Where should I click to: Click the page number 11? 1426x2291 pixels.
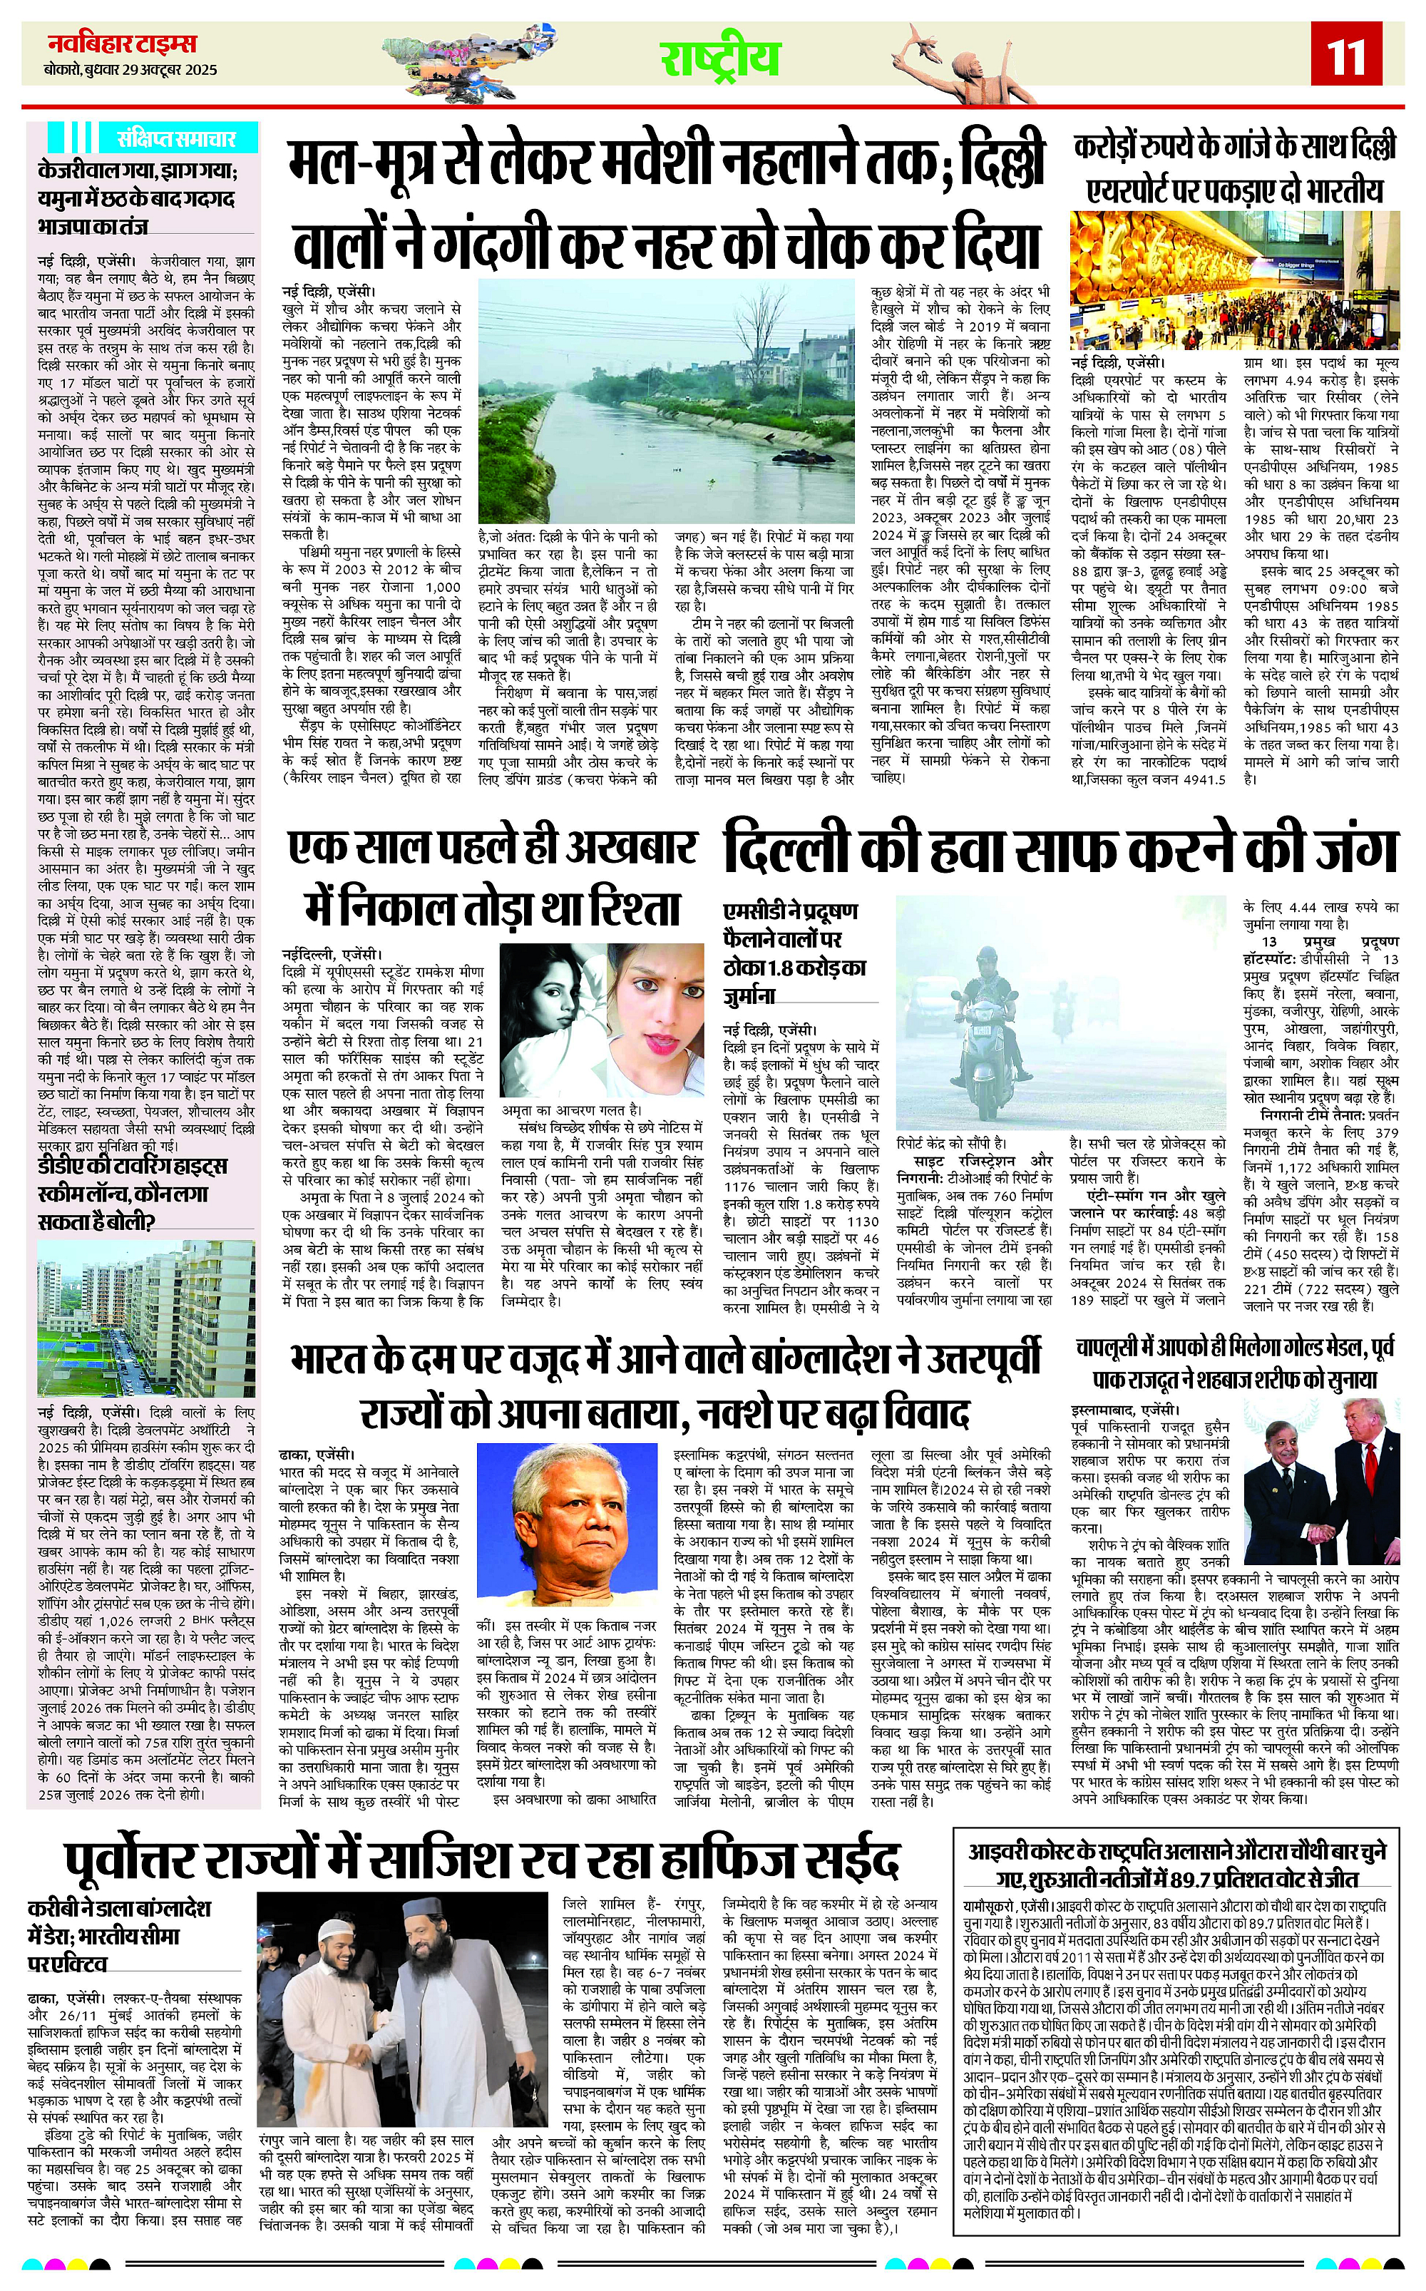click(1344, 58)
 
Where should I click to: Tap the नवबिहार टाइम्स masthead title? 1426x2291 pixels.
click(123, 44)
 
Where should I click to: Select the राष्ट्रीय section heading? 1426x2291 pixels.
click(719, 58)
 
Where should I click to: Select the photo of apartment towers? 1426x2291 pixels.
click(146, 1318)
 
